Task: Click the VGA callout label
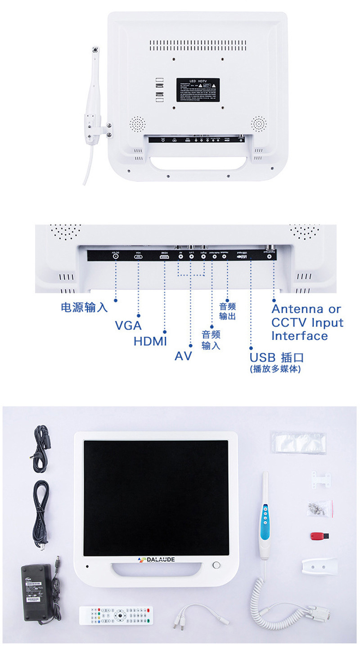coord(128,325)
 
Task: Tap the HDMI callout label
coord(150,341)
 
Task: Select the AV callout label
coord(183,356)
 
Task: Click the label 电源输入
coord(84,307)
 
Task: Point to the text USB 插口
coord(277,358)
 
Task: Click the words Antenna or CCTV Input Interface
coord(307,322)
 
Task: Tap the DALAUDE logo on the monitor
coord(156,560)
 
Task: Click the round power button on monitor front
coord(216,565)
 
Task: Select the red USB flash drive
coord(320,536)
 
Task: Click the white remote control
coord(116,615)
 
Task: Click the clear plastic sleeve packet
coord(298,442)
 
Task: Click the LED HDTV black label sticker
coord(198,89)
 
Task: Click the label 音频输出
coord(227,311)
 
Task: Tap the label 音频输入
coord(211,340)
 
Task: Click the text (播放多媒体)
coord(275,369)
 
